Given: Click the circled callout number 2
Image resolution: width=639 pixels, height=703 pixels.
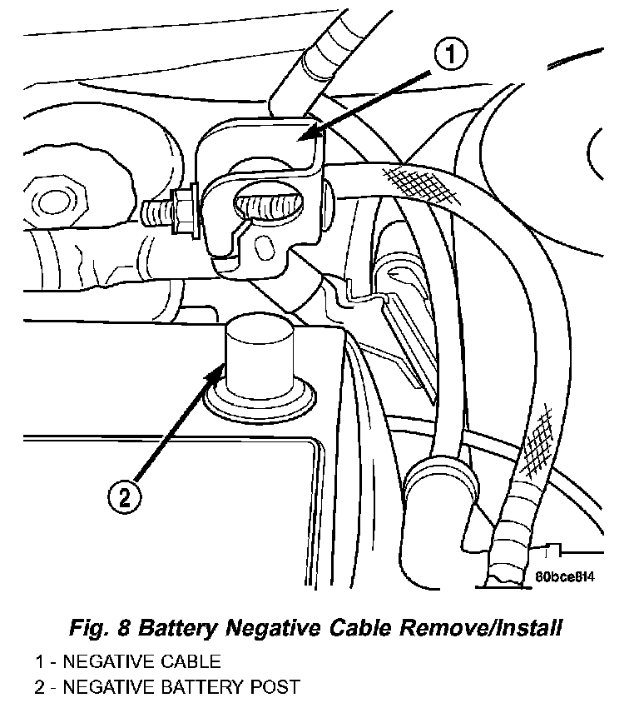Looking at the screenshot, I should click(x=124, y=497).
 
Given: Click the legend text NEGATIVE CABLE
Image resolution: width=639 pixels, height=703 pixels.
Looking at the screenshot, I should click(x=146, y=663).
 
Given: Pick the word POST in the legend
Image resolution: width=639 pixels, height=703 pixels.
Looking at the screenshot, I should click(x=275, y=687).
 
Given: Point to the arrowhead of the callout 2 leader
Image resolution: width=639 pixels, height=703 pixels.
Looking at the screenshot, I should click(x=220, y=370).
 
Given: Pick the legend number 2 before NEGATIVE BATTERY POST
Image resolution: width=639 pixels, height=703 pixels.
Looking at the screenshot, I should click(x=39, y=687).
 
